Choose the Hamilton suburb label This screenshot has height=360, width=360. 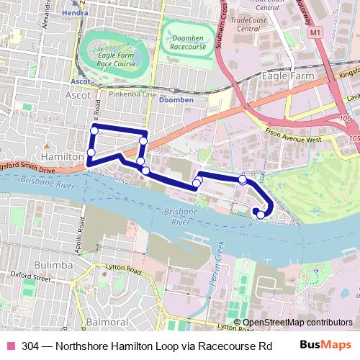[63, 156]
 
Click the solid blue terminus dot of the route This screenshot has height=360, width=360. [256, 211]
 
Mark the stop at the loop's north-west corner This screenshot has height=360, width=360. [94, 130]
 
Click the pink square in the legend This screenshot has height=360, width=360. [9, 344]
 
